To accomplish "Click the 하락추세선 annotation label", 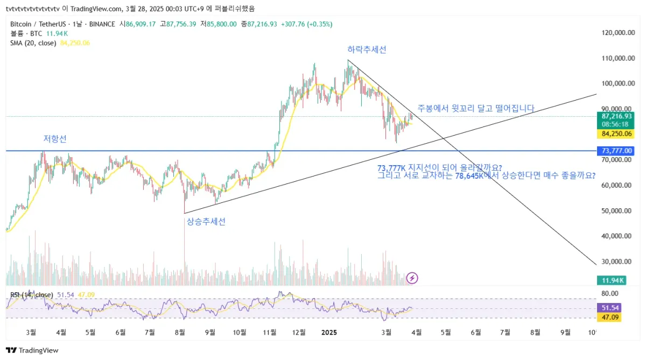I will [367, 50].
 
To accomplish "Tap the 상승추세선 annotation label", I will [206, 221].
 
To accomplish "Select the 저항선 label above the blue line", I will [55, 139].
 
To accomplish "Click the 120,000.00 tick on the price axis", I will [616, 33].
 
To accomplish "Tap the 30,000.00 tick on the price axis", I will [616, 262].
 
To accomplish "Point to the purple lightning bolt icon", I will [412, 278].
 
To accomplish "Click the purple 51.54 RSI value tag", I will [610, 308].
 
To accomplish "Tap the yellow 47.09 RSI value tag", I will [610, 317].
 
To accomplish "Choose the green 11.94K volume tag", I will [612, 280].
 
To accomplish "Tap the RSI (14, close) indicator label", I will [31, 295].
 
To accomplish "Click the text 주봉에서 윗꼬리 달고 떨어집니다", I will [476, 108].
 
